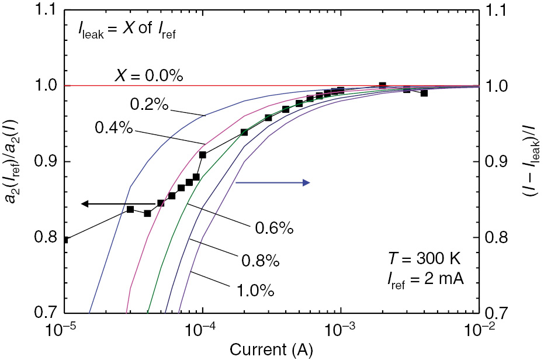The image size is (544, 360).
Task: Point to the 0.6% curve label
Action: click(273, 229)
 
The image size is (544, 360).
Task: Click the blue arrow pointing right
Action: click(272, 183)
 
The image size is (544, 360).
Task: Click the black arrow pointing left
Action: click(117, 204)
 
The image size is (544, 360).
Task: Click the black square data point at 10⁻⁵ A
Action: click(65, 240)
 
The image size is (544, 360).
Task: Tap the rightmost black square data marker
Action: click(424, 93)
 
